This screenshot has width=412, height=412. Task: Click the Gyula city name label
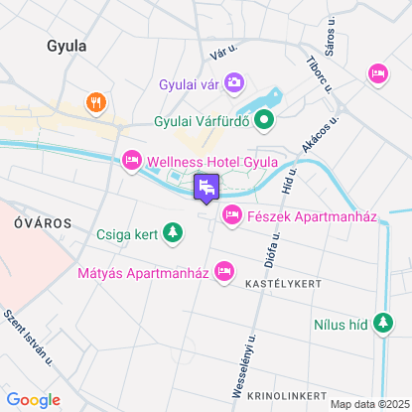(x=67, y=46)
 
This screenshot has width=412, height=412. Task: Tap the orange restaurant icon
(x=95, y=101)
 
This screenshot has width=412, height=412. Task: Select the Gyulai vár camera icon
(x=234, y=81)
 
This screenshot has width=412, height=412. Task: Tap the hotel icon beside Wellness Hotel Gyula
(x=131, y=161)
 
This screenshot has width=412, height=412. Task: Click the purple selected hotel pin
(x=206, y=187)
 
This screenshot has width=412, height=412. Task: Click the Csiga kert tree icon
(x=174, y=234)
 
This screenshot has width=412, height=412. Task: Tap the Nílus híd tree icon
(x=383, y=323)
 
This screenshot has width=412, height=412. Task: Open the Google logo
(x=33, y=399)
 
